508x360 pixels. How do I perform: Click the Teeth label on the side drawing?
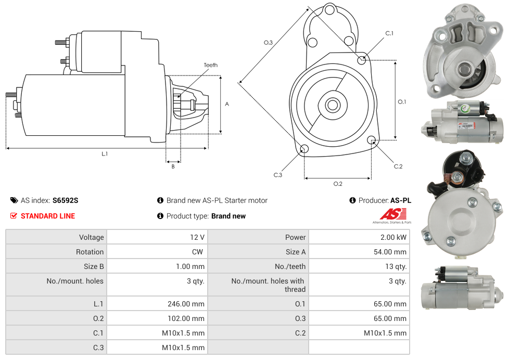point(210,65)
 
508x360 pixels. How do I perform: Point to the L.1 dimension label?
point(105,154)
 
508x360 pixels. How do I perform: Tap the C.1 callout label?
point(389,33)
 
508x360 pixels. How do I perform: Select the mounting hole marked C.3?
point(305,150)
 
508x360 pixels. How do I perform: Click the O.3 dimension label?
point(268,43)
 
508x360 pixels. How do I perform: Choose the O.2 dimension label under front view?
point(338,184)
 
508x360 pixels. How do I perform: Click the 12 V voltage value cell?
point(197,237)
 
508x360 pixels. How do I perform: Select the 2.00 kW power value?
point(394,237)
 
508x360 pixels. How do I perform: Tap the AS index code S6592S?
point(65,200)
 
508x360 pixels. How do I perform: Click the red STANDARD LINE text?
point(48,216)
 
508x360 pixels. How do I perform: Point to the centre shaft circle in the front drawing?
point(332,105)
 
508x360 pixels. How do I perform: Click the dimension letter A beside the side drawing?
point(227,104)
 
